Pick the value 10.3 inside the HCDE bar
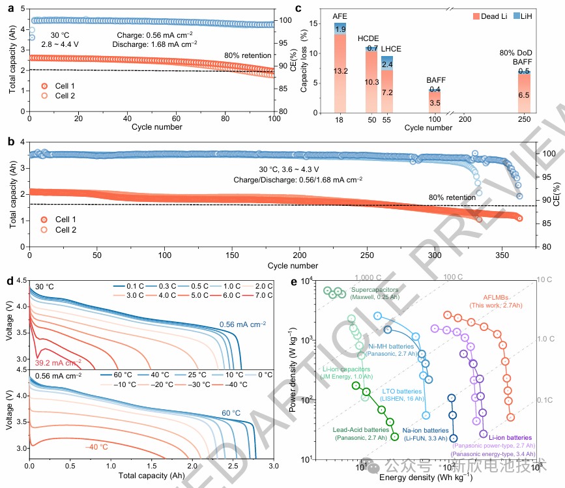[x=371, y=82]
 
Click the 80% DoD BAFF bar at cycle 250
[x=523, y=91]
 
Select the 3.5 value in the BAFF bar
[x=434, y=103]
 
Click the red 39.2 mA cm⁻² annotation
[x=59, y=363]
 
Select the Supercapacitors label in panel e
[x=373, y=289]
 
